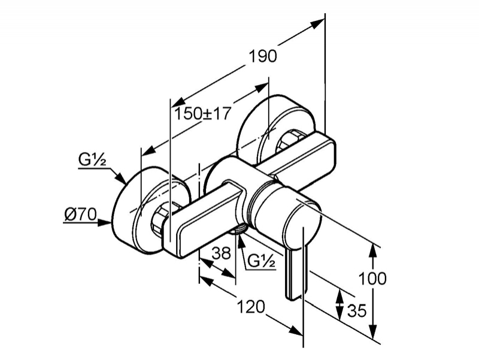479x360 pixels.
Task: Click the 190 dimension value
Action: (x=263, y=56)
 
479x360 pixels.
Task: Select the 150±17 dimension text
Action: (x=202, y=114)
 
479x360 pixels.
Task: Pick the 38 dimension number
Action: (x=222, y=253)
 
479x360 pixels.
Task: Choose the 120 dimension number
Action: (x=251, y=307)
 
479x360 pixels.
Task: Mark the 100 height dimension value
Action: (x=372, y=279)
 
